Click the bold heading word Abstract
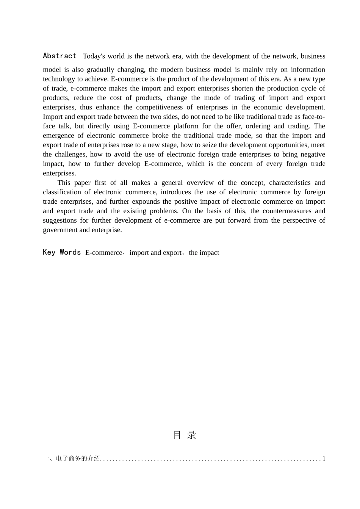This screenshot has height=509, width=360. tap(59, 56)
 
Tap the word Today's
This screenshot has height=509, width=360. tap(94, 56)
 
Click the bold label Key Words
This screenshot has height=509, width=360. tap(62, 253)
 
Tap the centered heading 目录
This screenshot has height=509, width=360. tap(185, 435)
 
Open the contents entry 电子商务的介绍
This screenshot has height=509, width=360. tap(78, 459)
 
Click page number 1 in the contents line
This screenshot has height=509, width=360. tap(324, 459)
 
